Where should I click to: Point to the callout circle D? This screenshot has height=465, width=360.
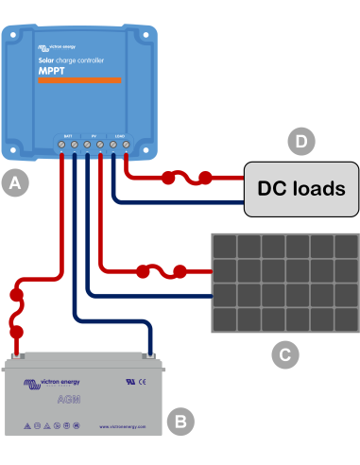point(300,142)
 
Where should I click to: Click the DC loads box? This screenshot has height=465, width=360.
point(301,187)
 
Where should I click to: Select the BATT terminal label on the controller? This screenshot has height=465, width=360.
point(68,136)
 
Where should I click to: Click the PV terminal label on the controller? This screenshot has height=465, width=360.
point(94,136)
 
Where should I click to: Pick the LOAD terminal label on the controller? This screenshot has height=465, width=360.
point(120,136)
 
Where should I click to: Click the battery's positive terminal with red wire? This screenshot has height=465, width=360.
point(17,355)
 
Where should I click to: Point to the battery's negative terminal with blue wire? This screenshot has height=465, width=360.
point(149,355)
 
